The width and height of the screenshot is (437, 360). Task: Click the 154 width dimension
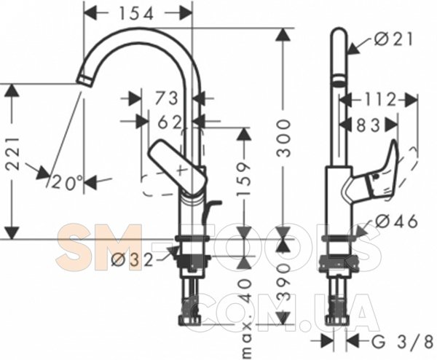click(136, 14)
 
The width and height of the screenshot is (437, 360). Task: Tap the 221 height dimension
click(13, 154)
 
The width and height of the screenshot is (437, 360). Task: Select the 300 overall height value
click(283, 138)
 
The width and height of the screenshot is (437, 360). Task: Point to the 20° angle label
click(67, 183)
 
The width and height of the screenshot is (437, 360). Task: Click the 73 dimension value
click(166, 98)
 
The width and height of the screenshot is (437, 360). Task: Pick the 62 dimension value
click(170, 123)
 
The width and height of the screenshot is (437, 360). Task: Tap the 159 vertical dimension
click(244, 180)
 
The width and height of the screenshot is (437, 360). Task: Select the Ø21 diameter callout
click(393, 39)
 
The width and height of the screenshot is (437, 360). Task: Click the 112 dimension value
click(380, 100)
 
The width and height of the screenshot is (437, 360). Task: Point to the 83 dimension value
click(368, 125)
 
